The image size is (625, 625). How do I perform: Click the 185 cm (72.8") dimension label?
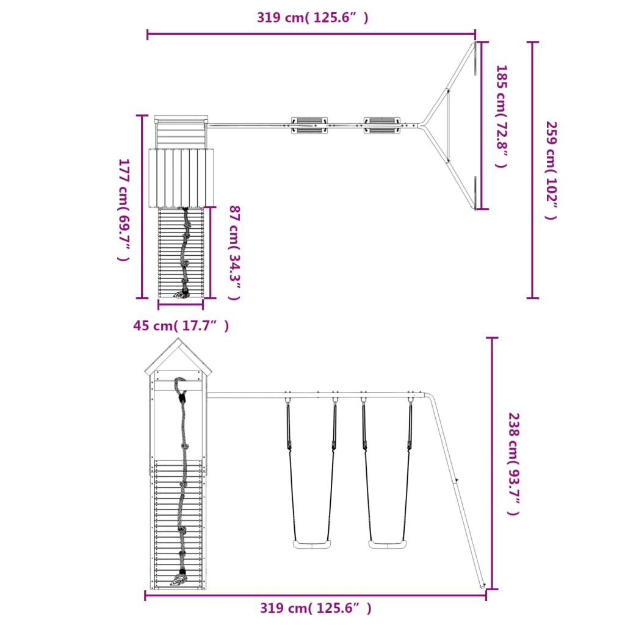502,117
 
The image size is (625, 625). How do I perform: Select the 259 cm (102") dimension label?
551,170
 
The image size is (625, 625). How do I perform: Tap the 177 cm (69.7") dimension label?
124,210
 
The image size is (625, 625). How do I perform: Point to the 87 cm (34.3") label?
234,253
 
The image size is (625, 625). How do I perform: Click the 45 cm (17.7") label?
181,326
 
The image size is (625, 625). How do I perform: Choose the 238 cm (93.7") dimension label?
514,464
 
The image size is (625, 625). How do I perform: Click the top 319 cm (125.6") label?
312,18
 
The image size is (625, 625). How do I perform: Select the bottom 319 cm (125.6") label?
316,608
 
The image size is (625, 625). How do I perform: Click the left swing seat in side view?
312,544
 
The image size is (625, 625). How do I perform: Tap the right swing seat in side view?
388,544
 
